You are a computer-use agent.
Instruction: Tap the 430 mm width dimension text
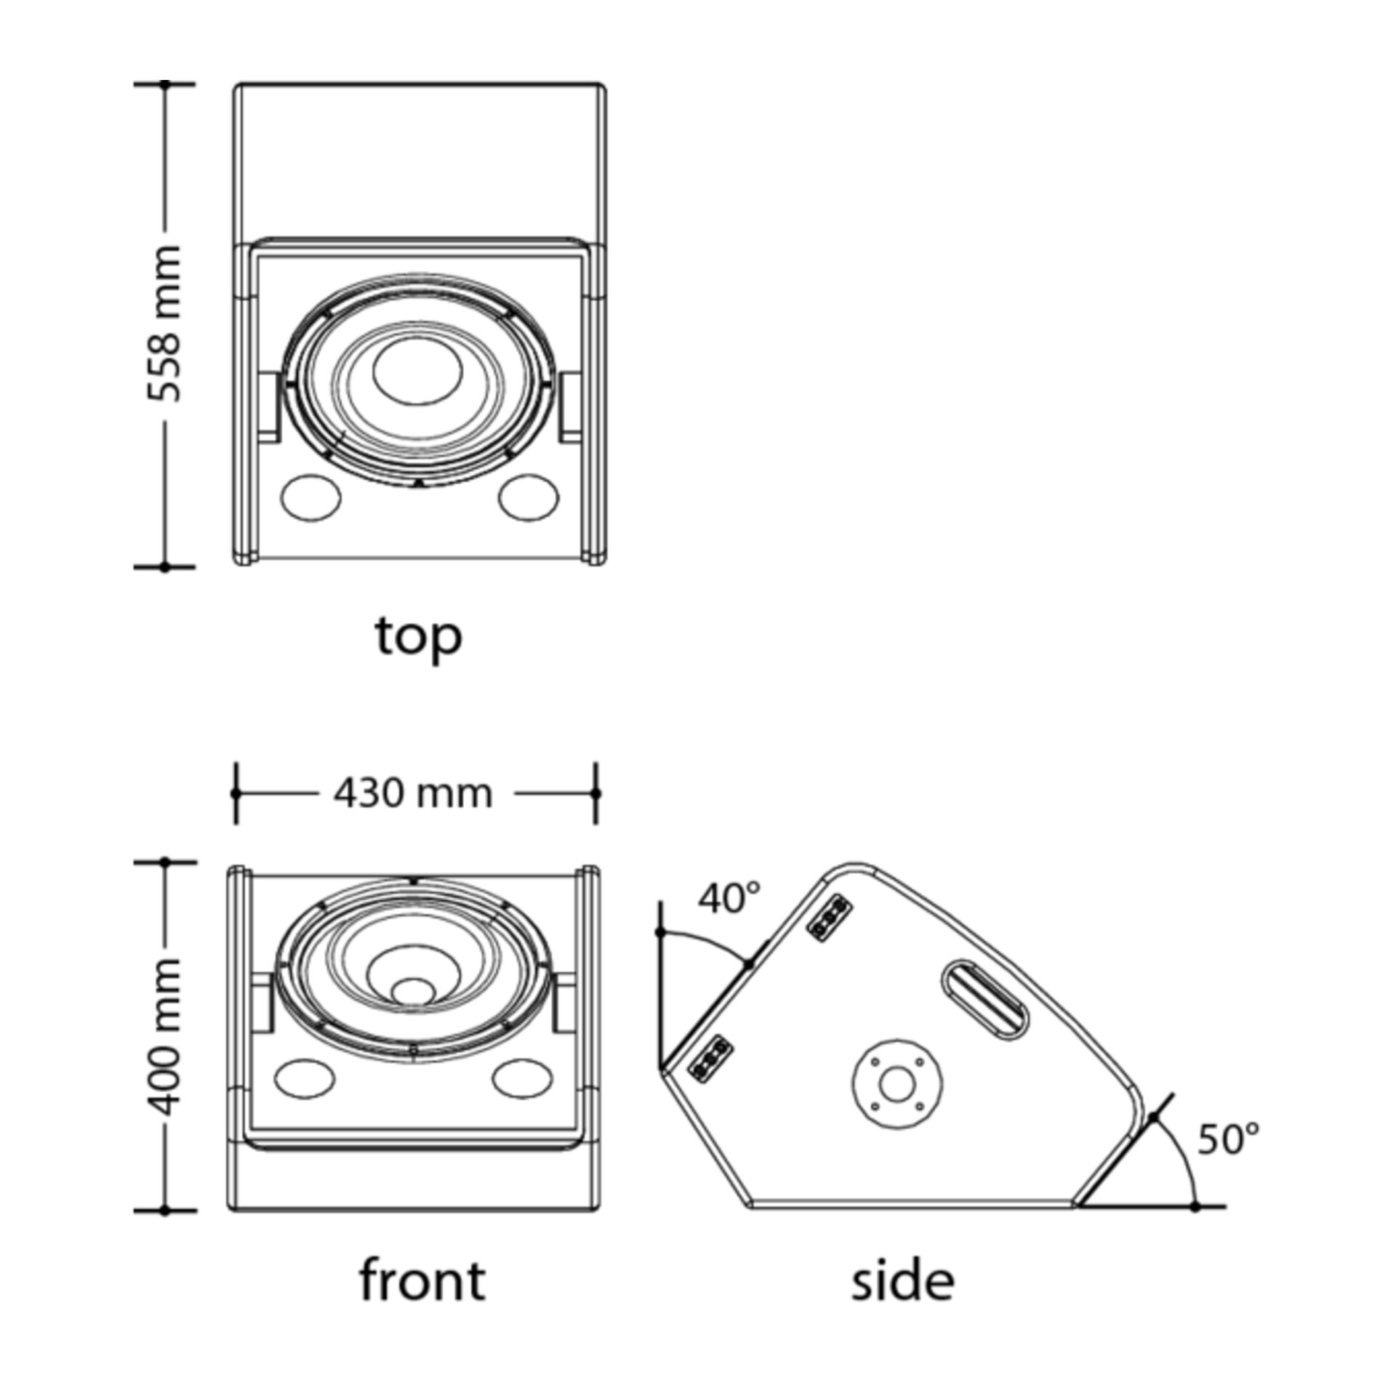[413, 793]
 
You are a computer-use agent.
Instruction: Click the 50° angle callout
[1228, 1139]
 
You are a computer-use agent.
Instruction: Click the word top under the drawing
[419, 636]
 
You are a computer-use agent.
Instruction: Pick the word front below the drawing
[422, 1280]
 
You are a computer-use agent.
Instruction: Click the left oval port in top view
[310, 497]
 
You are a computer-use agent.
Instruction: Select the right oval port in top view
[529, 497]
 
